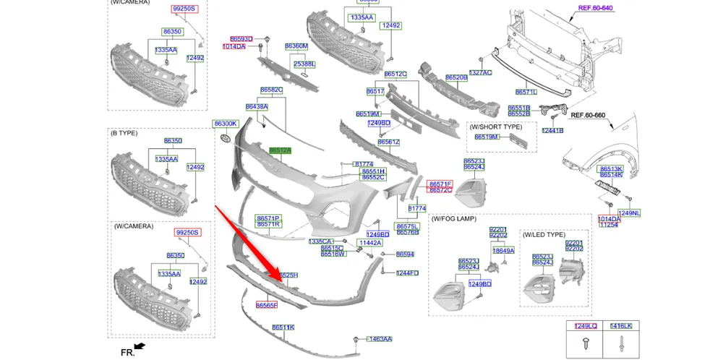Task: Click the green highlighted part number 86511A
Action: (280, 150)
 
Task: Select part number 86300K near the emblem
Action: (225, 124)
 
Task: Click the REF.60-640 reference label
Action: (595, 8)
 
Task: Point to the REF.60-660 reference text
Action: (588, 115)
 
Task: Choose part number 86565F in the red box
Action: (266, 306)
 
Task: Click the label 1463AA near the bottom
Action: (380, 338)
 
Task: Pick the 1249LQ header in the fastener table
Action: (586, 327)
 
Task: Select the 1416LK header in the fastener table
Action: (620, 327)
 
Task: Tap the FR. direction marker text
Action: (127, 352)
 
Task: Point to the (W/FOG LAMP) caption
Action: (454, 218)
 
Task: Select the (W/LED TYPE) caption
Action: (544, 234)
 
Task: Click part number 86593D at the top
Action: (241, 38)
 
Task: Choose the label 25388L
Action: (304, 64)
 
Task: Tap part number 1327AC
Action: (480, 72)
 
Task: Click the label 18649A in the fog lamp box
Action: (503, 251)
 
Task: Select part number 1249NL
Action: (629, 213)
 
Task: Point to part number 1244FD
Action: (407, 273)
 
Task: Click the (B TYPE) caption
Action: (124, 133)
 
